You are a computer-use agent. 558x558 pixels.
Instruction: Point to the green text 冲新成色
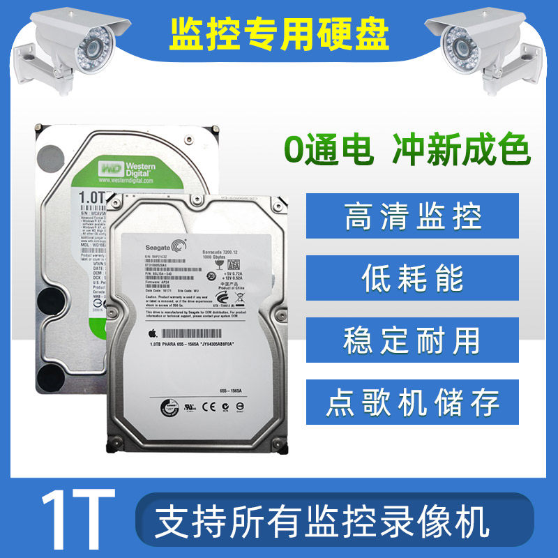coord(460,151)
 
